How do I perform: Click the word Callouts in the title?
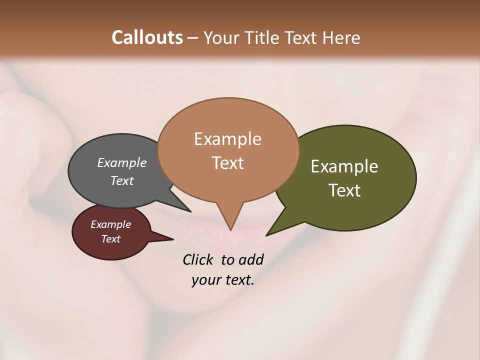(x=147, y=37)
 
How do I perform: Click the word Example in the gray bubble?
(x=121, y=163)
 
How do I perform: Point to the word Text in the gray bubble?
(x=121, y=180)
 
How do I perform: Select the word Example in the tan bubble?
(x=227, y=139)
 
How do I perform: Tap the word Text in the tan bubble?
(x=227, y=162)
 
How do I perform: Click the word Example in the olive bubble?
(x=344, y=166)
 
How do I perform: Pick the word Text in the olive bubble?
(x=344, y=190)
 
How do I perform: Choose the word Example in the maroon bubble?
(x=110, y=224)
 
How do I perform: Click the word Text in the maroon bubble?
(x=110, y=239)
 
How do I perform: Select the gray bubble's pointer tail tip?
(x=190, y=211)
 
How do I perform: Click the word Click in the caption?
(x=199, y=259)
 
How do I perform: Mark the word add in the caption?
(x=250, y=260)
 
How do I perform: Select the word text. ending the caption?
(x=238, y=280)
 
